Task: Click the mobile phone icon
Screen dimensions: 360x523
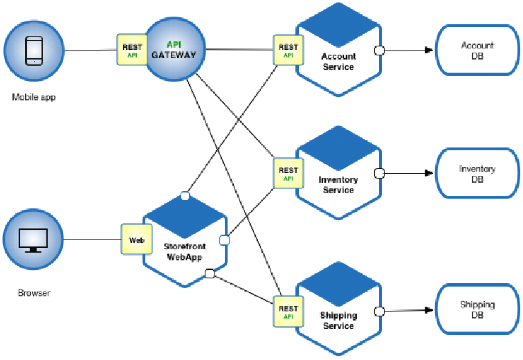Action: [x=34, y=51]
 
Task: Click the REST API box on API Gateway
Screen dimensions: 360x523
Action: [x=131, y=51]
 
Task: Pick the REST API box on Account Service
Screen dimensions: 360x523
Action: [x=287, y=51]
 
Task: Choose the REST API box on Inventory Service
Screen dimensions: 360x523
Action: [x=287, y=173]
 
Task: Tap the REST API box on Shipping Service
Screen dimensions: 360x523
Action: [x=287, y=312]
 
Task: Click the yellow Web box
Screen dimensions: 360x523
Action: [x=136, y=240]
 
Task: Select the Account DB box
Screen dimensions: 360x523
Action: [x=477, y=51]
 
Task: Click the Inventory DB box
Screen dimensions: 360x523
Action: [x=477, y=174]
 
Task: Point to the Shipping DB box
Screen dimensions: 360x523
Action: [x=477, y=309]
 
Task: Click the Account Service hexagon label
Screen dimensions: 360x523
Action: [x=338, y=62]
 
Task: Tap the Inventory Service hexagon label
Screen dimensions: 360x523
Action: [x=338, y=185]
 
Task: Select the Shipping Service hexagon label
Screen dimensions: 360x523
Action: [x=338, y=321]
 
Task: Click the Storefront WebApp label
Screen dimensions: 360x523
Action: [x=185, y=251]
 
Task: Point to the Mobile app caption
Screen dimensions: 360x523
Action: [x=33, y=97]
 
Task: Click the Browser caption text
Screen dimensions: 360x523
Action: [x=34, y=293]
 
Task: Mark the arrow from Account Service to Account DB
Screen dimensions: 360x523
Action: [x=408, y=51]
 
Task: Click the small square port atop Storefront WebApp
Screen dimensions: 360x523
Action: [x=185, y=196]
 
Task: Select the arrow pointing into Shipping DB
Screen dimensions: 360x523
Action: [x=408, y=310]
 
